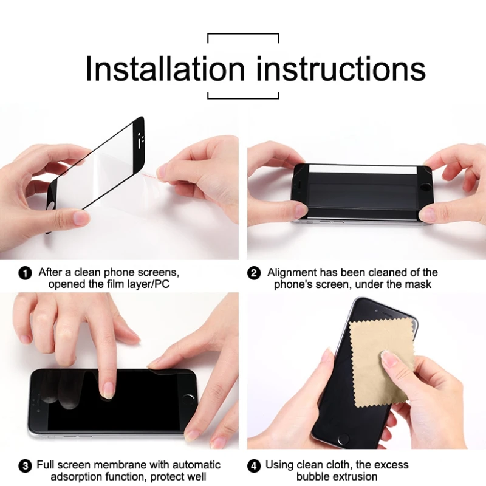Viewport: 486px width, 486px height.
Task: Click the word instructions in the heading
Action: [341, 68]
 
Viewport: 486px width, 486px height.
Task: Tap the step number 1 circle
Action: [26, 273]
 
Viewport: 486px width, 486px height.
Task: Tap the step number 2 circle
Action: [255, 273]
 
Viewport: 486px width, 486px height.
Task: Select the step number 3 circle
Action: [26, 466]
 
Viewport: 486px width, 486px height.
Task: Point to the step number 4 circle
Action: [255, 466]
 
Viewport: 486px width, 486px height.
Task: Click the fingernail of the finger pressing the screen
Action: [108, 389]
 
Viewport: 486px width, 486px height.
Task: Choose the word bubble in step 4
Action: [313, 477]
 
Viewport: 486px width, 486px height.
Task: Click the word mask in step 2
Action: [419, 284]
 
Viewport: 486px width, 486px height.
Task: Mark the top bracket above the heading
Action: [243, 35]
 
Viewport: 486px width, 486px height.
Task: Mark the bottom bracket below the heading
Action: [243, 97]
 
